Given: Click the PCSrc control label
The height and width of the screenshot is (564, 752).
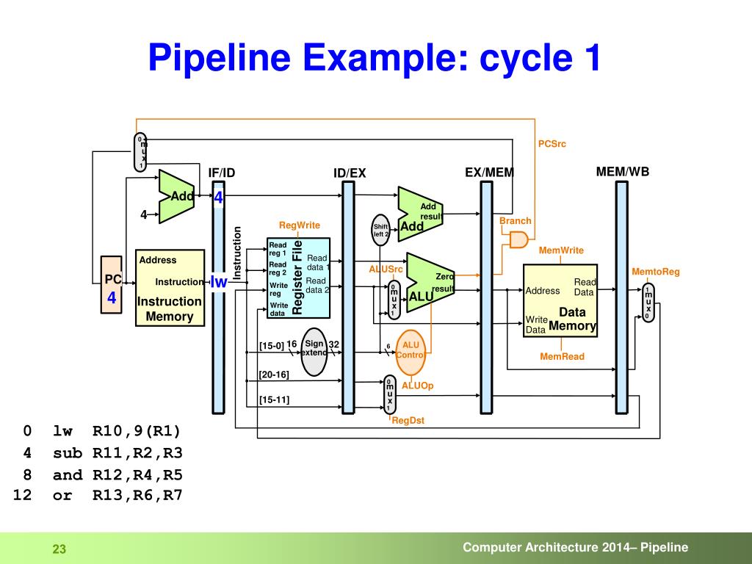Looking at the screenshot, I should pyautogui.click(x=552, y=143).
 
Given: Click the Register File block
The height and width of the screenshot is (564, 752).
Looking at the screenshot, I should pyautogui.click(x=298, y=278).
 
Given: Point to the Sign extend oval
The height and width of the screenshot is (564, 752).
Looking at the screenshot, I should pyautogui.click(x=314, y=352).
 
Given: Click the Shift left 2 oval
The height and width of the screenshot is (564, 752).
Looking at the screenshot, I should pyautogui.click(x=380, y=231).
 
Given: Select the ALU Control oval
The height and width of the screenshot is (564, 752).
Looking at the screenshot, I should pyautogui.click(x=411, y=350).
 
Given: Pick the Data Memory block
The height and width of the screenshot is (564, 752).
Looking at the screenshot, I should pyautogui.click(x=560, y=300).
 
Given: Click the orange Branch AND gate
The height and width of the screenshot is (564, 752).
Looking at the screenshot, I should pyautogui.click(x=518, y=239).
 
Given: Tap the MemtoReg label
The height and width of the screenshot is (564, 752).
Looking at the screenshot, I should pyautogui.click(x=656, y=272).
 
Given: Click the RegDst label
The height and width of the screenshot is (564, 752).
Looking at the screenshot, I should pyautogui.click(x=408, y=421).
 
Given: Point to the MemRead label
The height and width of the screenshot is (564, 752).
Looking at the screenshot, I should pyautogui.click(x=562, y=357).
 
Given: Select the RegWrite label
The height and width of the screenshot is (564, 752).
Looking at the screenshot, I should pyautogui.click(x=300, y=225).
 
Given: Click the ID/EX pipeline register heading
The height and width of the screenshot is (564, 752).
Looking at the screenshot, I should pyautogui.click(x=350, y=173).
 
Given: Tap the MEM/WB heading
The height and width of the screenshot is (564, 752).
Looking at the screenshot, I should pyautogui.click(x=623, y=172).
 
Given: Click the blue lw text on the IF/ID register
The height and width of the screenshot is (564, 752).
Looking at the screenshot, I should pyautogui.click(x=219, y=282).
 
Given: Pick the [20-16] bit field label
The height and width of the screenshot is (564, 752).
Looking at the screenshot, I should pyautogui.click(x=274, y=375).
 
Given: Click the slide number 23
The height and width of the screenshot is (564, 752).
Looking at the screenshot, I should pyautogui.click(x=59, y=549).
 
